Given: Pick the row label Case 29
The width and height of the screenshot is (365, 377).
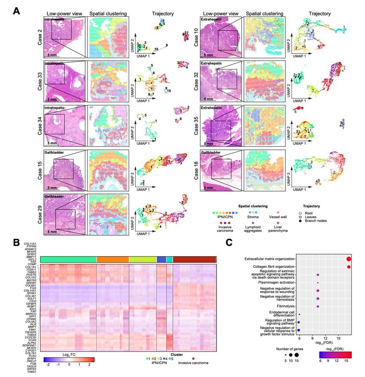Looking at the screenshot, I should [x=38, y=213].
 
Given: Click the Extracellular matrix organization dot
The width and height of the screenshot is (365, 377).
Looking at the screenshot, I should [x=349, y=259].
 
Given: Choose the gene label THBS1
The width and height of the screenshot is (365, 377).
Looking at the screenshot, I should [x=35, y=373].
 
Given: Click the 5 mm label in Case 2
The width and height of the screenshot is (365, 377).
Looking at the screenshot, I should [x=54, y=55].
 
